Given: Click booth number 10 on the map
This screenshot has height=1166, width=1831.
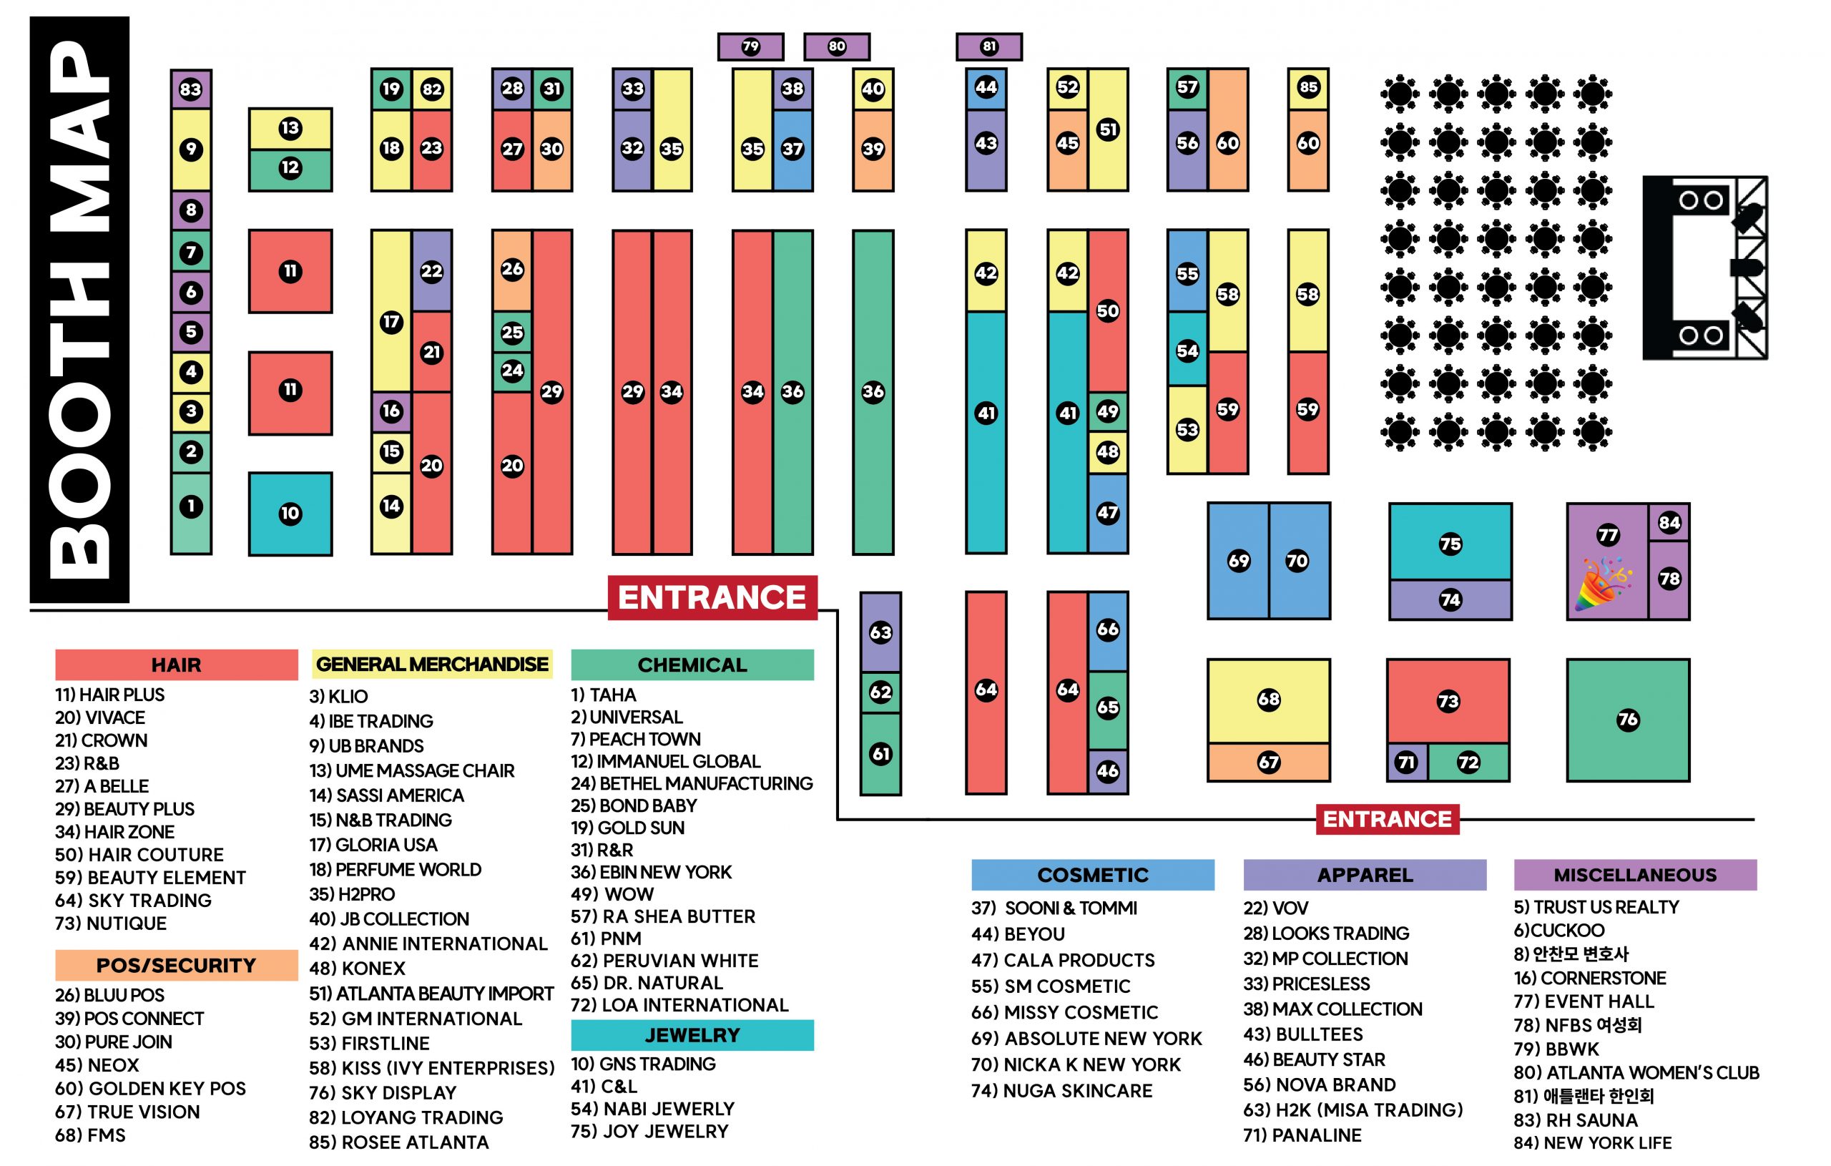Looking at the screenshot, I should coord(290,514).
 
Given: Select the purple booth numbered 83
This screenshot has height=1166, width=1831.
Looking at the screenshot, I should coord(190,89).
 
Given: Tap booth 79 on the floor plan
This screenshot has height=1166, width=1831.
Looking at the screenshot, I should coord(750,46).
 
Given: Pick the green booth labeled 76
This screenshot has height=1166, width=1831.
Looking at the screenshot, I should coord(1627,720).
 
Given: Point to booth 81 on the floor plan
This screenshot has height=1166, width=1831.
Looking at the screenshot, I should coord(988,46).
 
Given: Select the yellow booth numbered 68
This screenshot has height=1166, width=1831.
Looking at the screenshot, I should coord(1268,700).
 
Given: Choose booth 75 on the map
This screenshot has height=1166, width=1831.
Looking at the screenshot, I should coord(1449,543).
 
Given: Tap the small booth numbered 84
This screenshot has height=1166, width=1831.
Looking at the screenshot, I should coord(1669,522).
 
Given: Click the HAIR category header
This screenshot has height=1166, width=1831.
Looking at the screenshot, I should coord(176,665).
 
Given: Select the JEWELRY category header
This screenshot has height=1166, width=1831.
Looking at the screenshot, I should coord(692,1035).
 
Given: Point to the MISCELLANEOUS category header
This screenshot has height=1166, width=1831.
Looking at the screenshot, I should coord(1635,875).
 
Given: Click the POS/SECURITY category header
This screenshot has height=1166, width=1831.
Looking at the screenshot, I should coord(176,965).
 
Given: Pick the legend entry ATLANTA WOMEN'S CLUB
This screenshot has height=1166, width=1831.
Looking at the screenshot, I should coord(1636,1072).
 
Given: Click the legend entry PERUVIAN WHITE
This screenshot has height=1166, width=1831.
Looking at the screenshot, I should coord(664,961).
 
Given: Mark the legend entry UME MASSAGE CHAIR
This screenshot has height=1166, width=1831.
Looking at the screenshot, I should coord(411,770).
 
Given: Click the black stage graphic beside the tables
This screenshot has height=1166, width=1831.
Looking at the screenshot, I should coord(1704,268).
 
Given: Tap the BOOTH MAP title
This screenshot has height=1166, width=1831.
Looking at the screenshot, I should coord(79,309).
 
